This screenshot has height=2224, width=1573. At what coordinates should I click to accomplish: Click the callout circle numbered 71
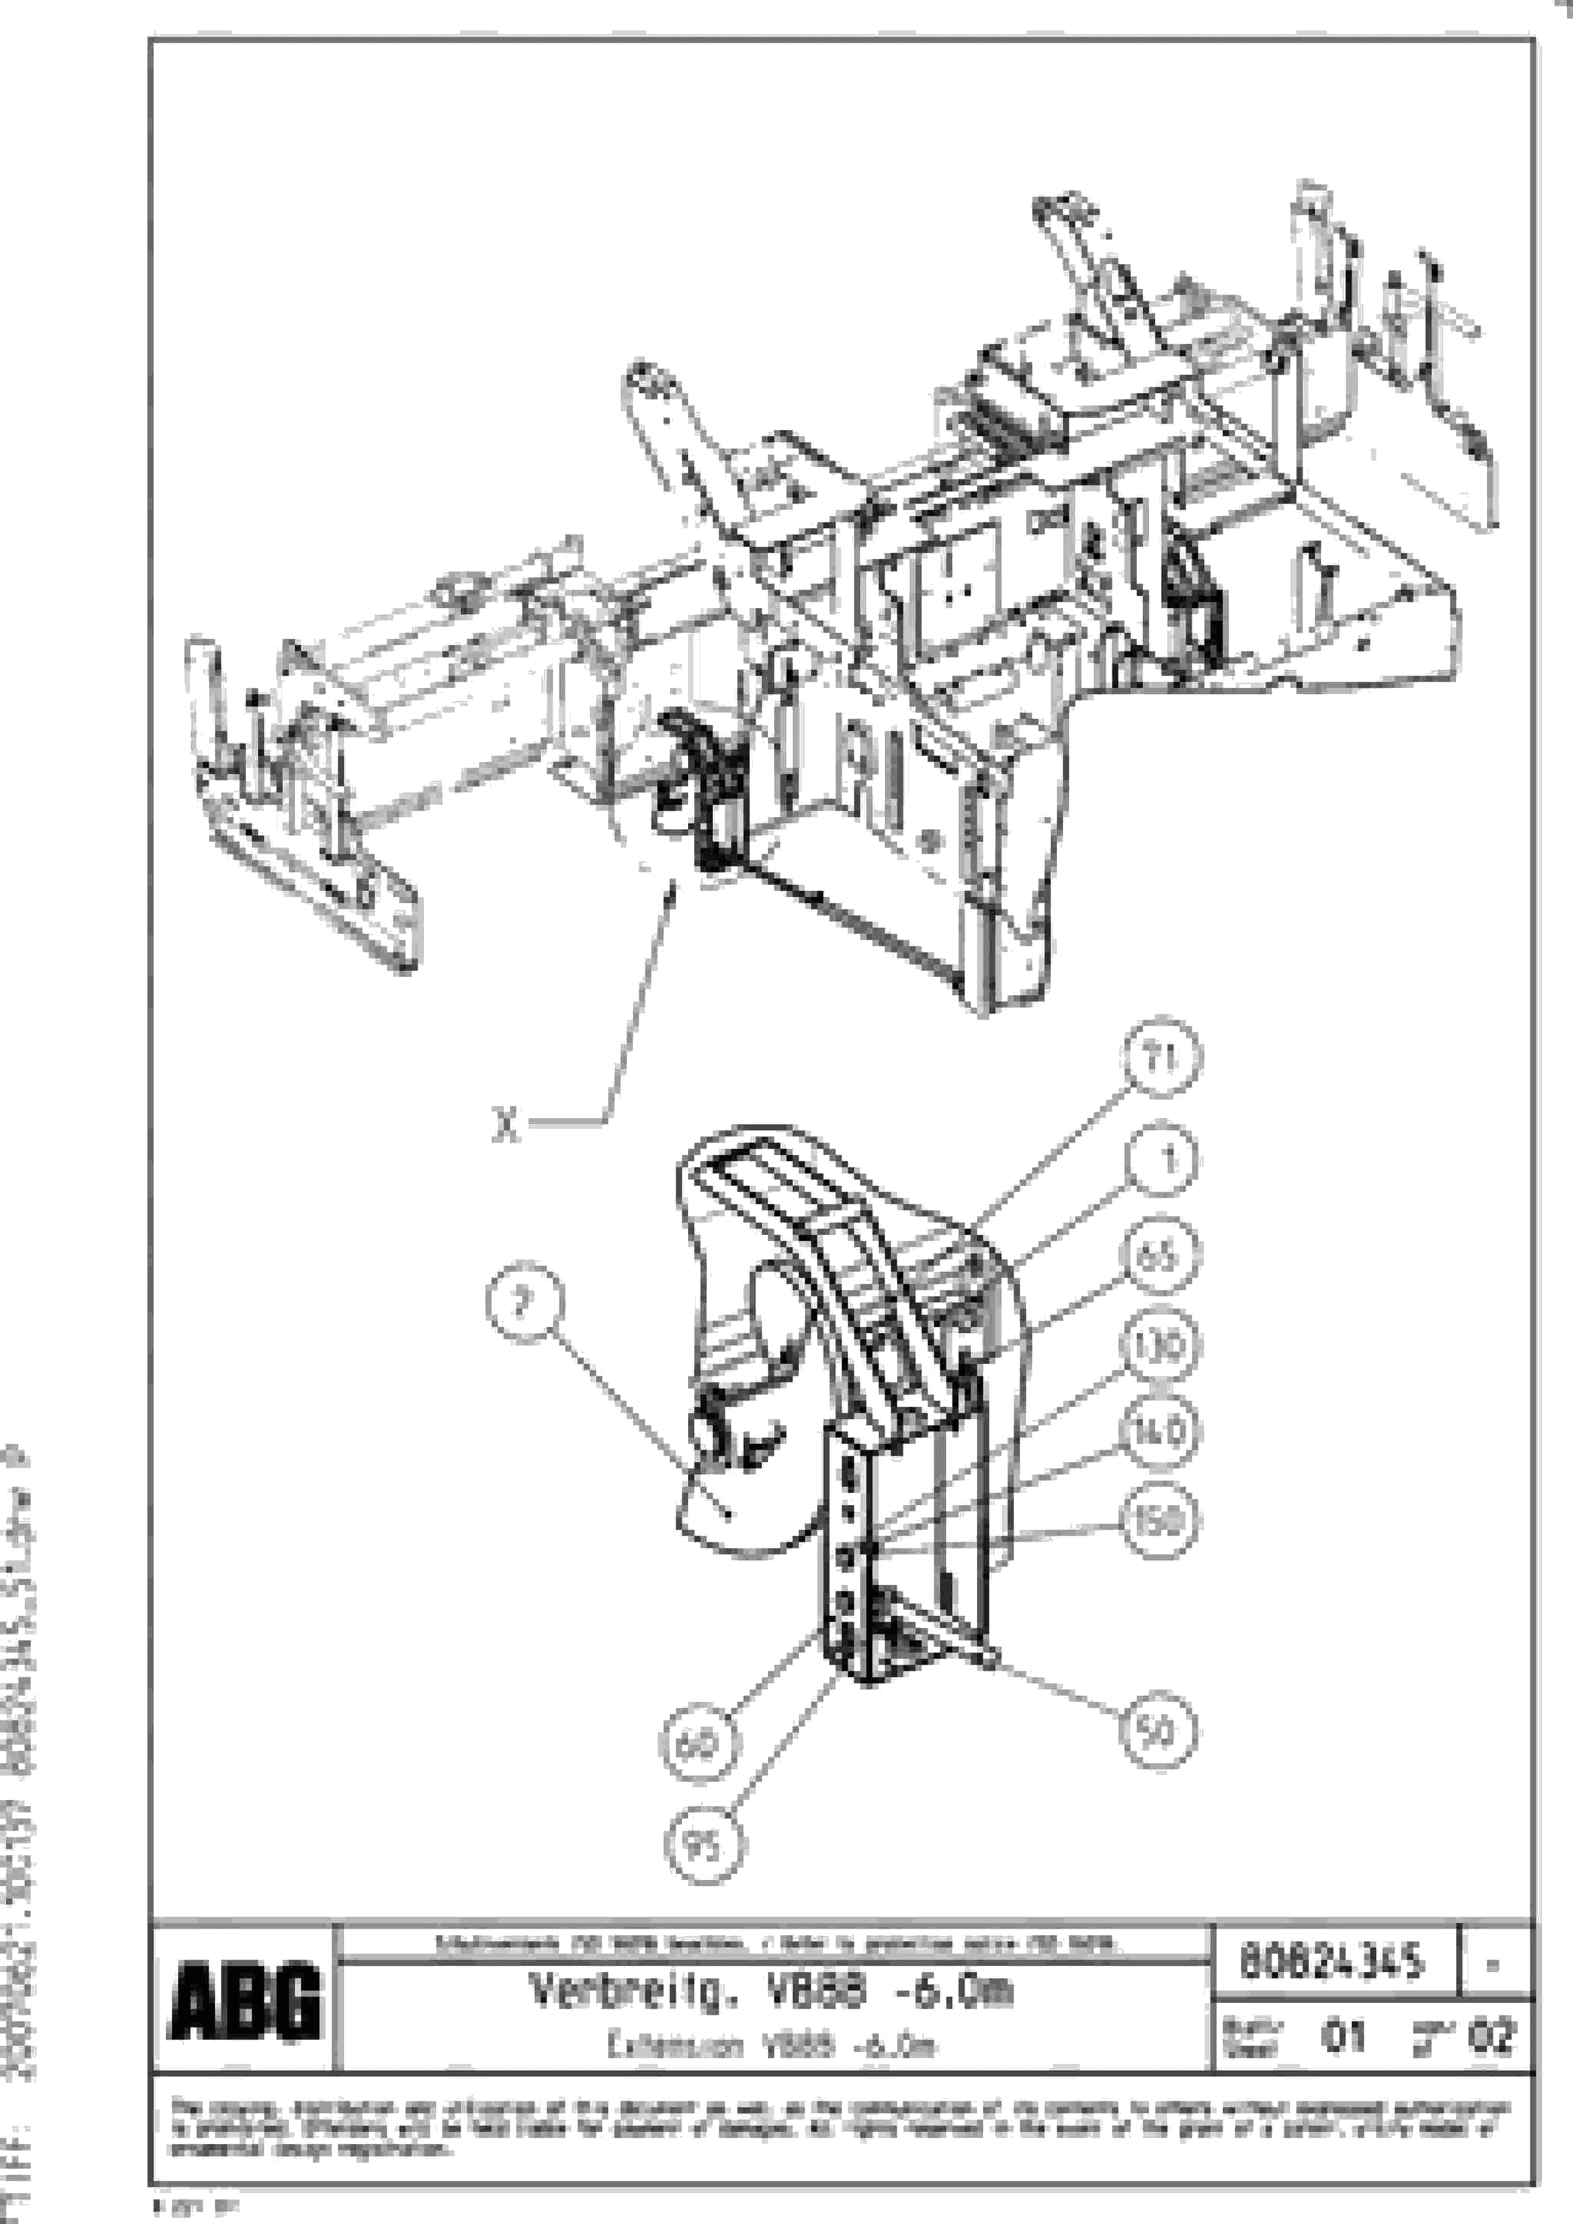point(1163,1059)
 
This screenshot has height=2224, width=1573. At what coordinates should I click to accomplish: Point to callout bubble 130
point(1160,1346)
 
